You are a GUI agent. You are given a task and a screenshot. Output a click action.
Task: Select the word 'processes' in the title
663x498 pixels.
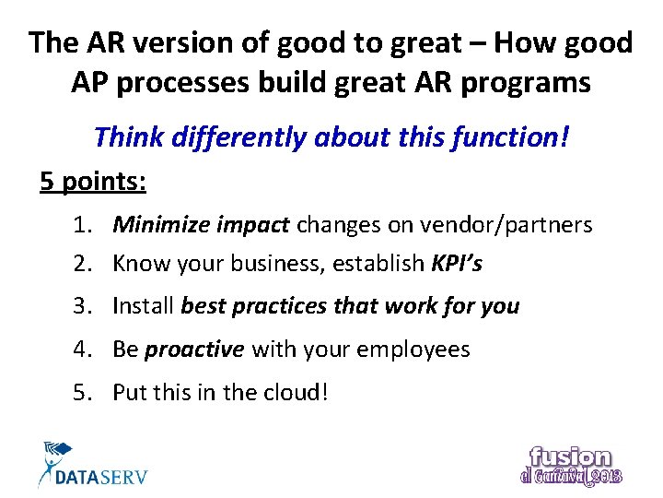point(192,83)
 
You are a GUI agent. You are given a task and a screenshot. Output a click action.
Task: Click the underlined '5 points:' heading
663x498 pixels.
point(93,182)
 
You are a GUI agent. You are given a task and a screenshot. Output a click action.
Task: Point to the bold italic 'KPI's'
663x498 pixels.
point(457,264)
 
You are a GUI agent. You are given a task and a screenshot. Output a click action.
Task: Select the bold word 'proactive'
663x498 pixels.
point(194,350)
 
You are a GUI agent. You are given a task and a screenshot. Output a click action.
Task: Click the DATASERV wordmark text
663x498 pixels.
point(101,477)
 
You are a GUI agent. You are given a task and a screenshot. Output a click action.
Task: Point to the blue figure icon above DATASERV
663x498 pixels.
point(55,456)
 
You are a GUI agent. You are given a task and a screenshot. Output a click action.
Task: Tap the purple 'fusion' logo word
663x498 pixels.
point(570,456)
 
